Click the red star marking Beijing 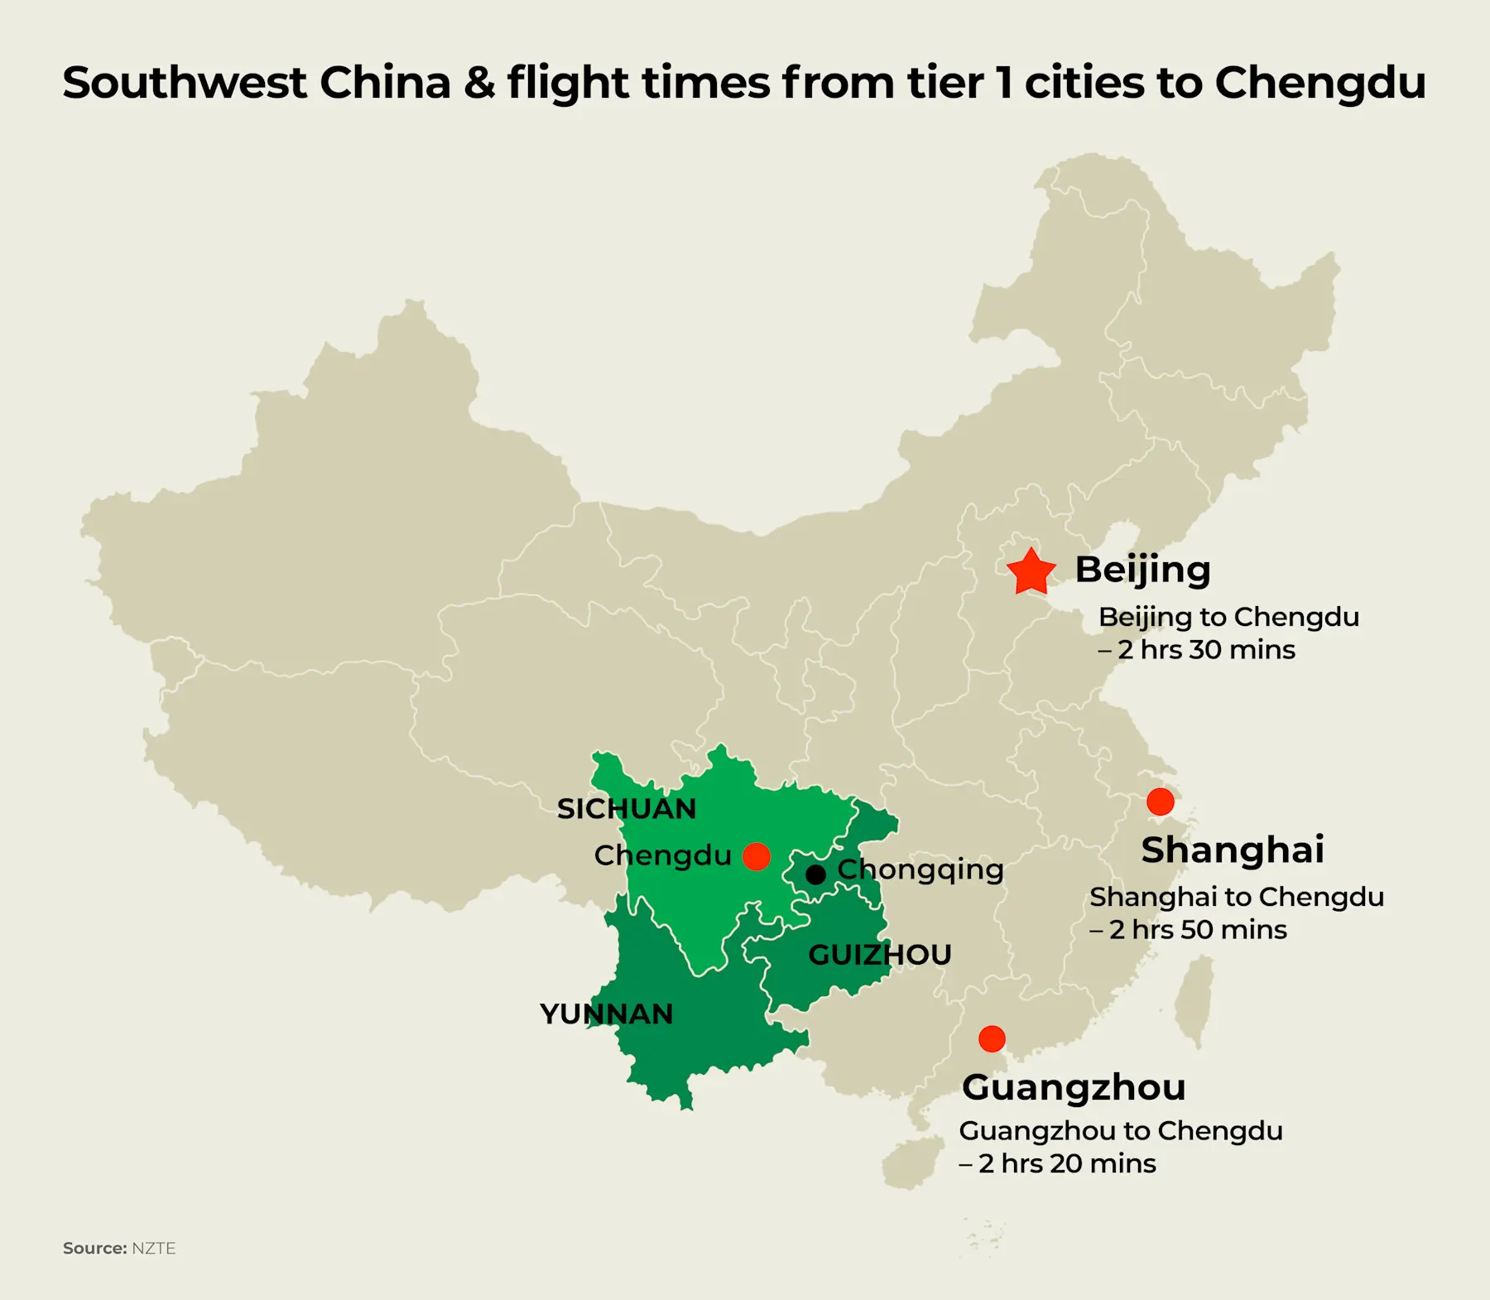point(1031,572)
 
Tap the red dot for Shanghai point(1160,802)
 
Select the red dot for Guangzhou point(992,1038)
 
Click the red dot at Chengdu point(757,856)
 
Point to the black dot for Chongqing point(815,874)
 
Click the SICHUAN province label point(627,809)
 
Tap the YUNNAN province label point(606,1014)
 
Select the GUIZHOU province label point(879,955)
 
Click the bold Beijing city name point(1142,570)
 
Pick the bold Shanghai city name point(1233,850)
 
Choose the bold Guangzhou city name point(1074,1087)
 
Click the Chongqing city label point(920,869)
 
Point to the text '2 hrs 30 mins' point(1206,650)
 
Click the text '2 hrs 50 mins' point(1198,930)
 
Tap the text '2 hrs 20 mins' point(1067,1163)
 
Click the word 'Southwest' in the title point(185,83)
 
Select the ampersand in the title point(479,83)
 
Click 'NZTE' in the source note point(154,1248)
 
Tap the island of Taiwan point(1194,1001)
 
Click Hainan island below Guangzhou point(912,1162)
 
